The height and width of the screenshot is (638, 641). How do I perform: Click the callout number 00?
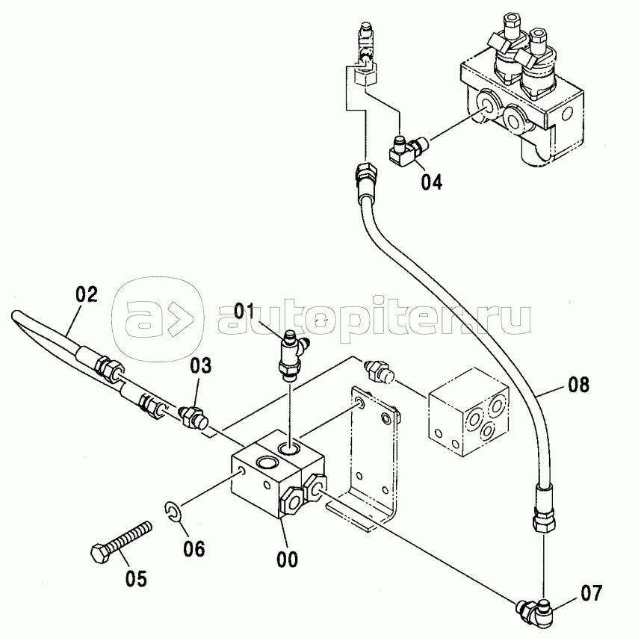tap(287, 557)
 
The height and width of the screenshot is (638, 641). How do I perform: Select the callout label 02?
tap(87, 294)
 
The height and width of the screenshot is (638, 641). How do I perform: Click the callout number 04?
tap(431, 182)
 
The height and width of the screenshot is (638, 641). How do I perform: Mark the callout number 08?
tap(577, 385)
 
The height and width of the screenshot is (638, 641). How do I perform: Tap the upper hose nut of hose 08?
tap(365, 178)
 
